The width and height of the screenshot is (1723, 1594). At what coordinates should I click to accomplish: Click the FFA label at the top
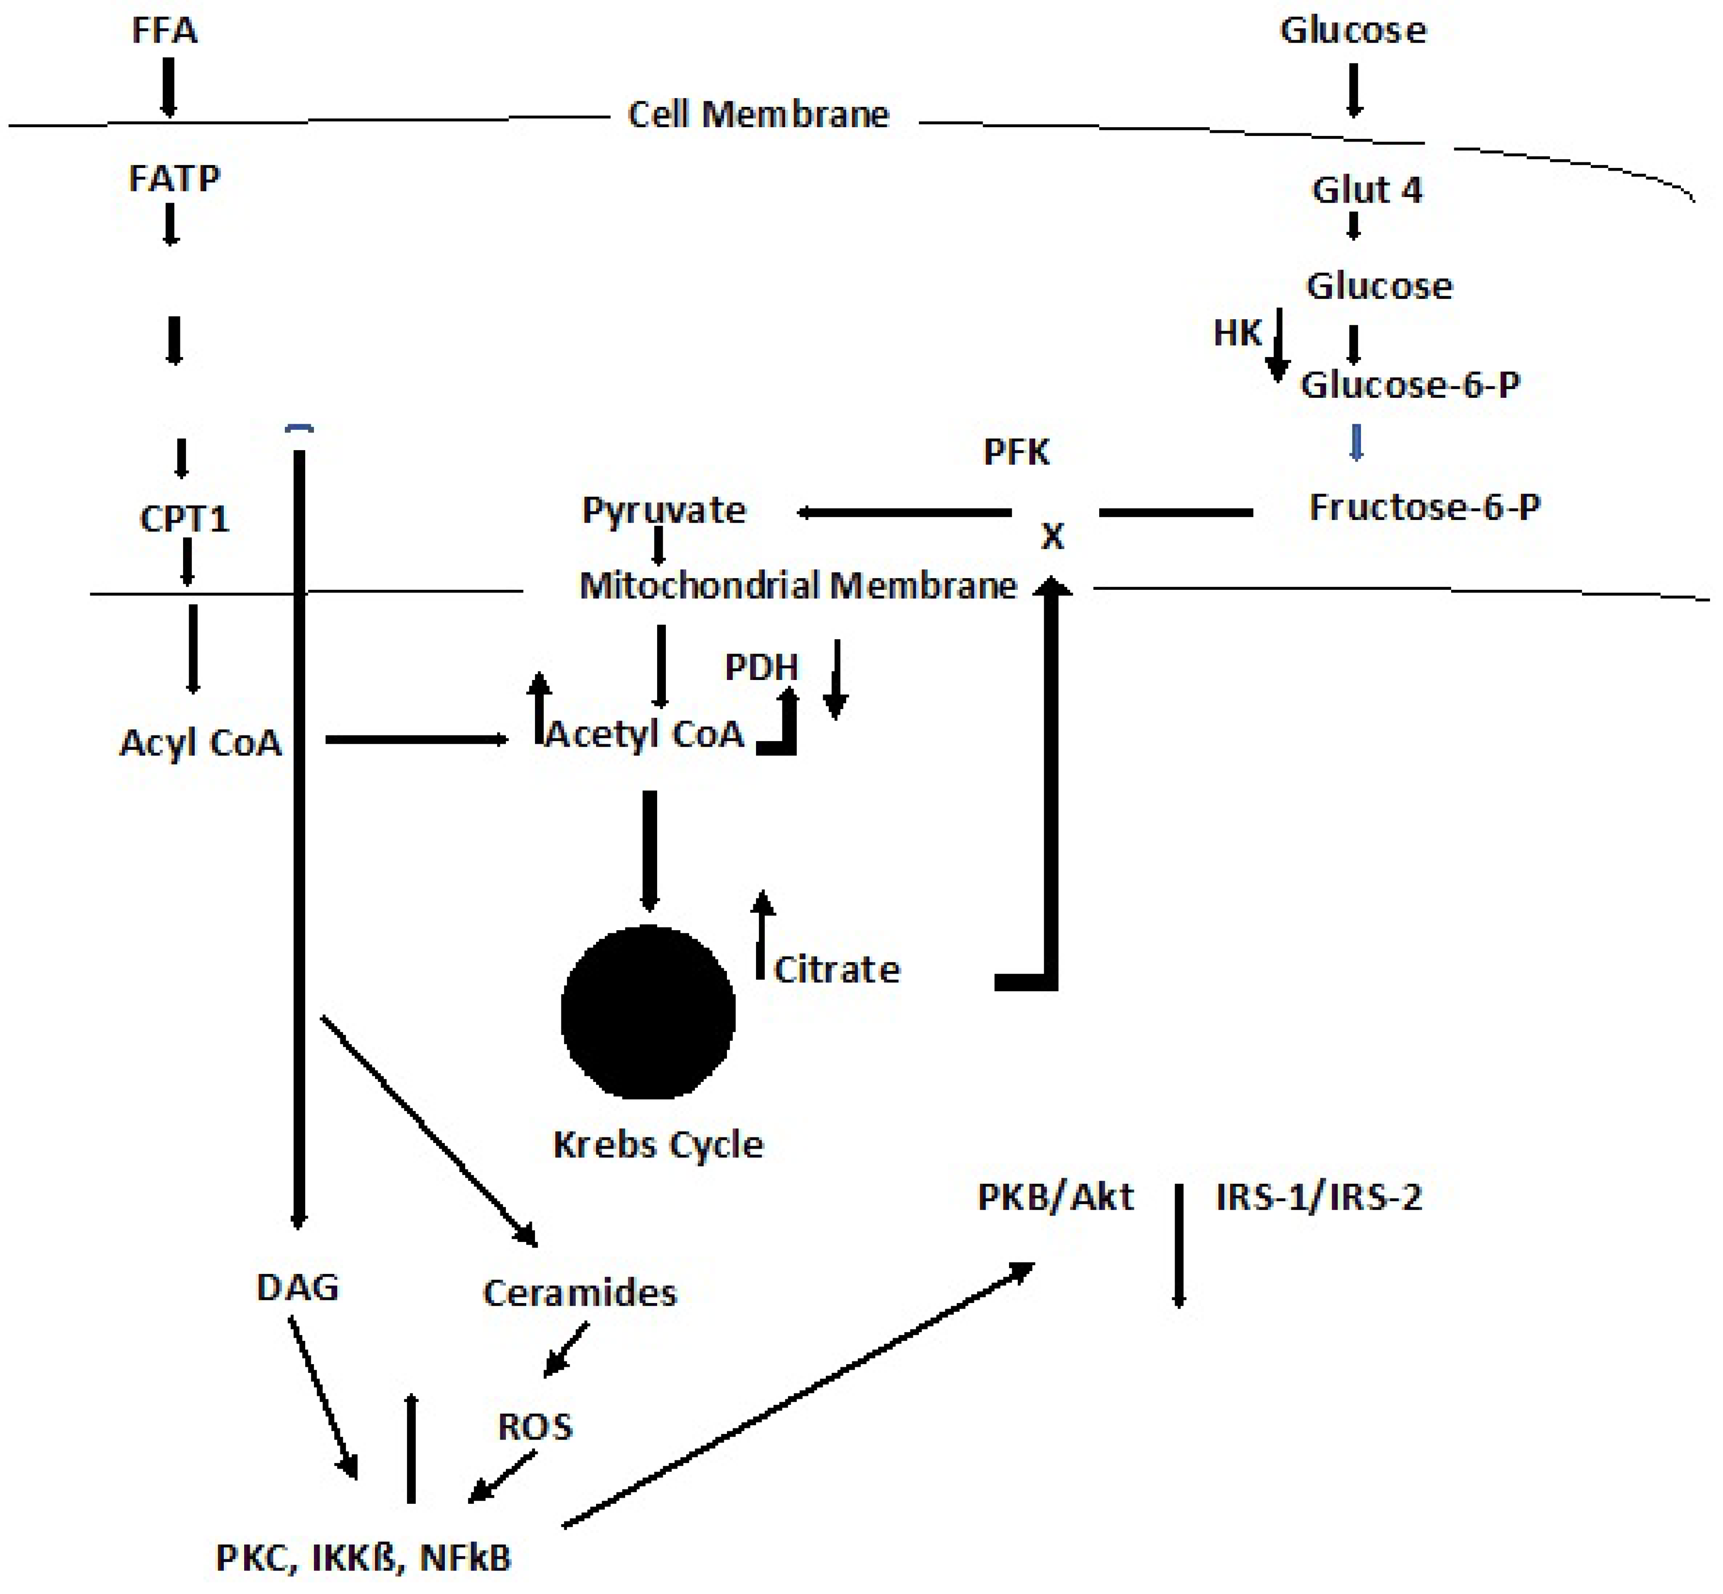click(x=164, y=31)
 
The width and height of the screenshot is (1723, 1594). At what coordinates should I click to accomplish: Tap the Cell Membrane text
click(x=758, y=115)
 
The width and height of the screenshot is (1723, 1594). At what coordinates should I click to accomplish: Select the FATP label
click(x=174, y=179)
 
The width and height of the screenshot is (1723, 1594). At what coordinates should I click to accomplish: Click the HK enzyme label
click(x=1237, y=333)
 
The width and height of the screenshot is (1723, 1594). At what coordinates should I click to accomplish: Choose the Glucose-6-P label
click(x=1410, y=385)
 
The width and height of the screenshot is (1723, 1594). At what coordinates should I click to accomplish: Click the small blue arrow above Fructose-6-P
click(x=1356, y=443)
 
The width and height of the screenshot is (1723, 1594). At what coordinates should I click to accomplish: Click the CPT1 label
click(x=185, y=519)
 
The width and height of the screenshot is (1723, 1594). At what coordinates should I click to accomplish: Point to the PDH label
click(x=762, y=667)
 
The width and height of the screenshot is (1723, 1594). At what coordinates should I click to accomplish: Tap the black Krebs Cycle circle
click(x=648, y=1012)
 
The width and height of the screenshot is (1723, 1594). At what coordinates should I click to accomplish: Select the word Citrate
click(x=837, y=970)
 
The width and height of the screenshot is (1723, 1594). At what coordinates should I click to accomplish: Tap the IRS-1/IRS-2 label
click(x=1318, y=1197)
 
